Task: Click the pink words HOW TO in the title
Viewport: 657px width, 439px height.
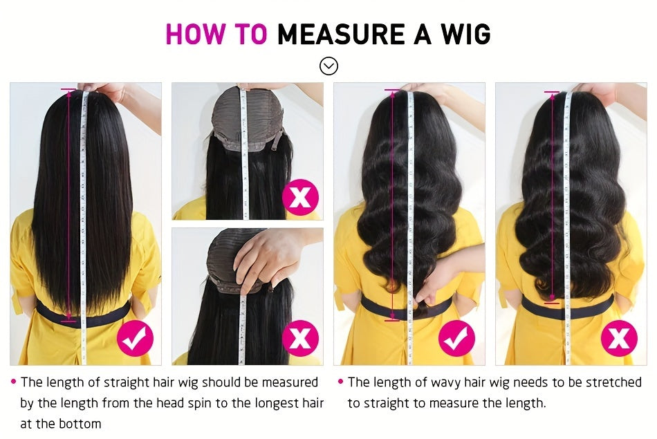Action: click(216, 34)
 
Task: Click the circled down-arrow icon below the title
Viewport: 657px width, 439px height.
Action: click(328, 66)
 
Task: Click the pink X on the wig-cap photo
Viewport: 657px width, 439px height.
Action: click(300, 196)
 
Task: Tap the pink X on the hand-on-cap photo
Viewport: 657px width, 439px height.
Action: click(300, 338)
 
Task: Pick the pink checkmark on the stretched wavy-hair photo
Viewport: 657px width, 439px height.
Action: click(457, 338)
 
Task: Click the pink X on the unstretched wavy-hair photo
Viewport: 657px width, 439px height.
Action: click(619, 338)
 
